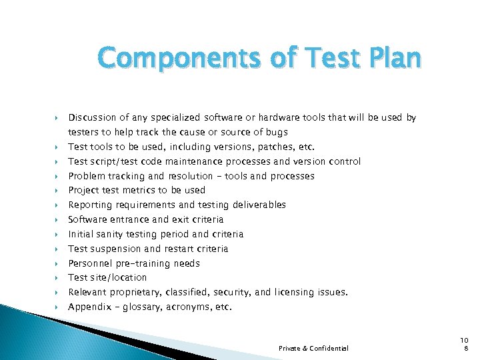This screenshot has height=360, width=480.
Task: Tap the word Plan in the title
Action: click(x=389, y=59)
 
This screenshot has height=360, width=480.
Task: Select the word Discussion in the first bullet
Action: click(x=93, y=118)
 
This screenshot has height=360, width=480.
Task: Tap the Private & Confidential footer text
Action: click(x=313, y=348)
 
